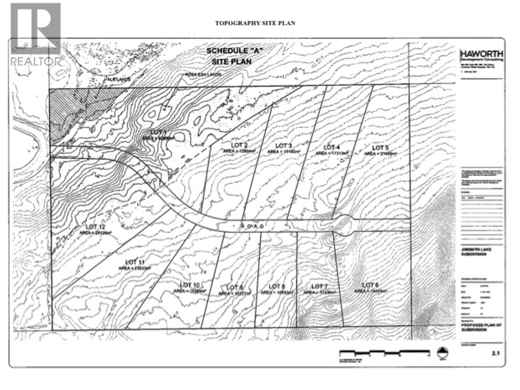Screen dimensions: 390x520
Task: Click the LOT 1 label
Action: (x=159, y=132)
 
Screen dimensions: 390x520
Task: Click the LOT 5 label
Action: (x=380, y=148)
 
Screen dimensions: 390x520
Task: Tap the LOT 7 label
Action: (x=319, y=286)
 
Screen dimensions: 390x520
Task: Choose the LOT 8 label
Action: (x=277, y=286)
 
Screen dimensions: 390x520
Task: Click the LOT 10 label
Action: (x=189, y=285)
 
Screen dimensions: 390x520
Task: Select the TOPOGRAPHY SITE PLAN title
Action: (x=255, y=23)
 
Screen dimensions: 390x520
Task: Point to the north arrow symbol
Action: (x=443, y=353)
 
